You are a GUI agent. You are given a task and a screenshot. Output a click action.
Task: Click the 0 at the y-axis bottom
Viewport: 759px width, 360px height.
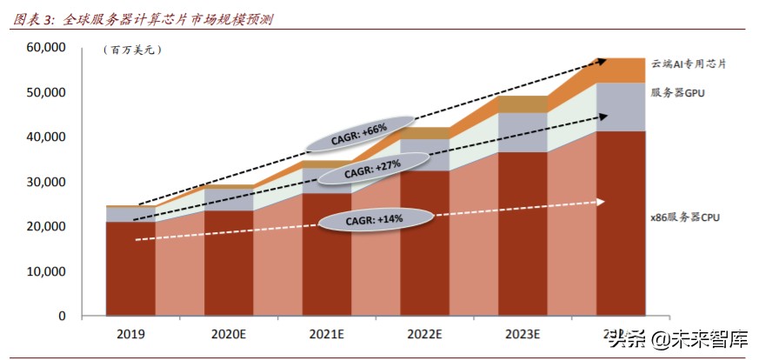tap(62, 316)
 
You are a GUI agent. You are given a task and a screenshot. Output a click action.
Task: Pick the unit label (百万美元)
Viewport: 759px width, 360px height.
tap(132, 50)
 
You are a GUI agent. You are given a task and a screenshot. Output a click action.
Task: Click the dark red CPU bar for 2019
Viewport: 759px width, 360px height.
tap(130, 270)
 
